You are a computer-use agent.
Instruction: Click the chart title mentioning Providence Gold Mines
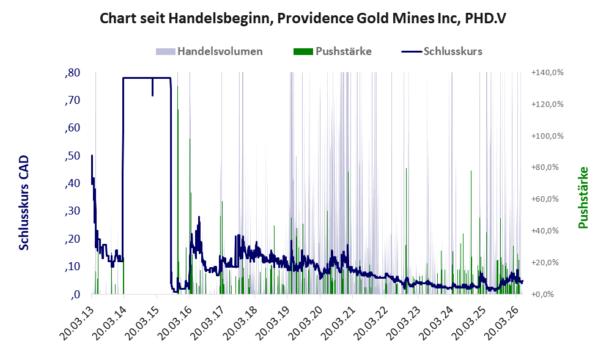click(303, 18)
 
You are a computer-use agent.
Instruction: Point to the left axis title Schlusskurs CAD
click(24, 202)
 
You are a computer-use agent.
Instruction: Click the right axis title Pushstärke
click(583, 197)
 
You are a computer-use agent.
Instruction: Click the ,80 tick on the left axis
click(73, 73)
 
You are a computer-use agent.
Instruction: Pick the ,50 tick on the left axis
click(73, 156)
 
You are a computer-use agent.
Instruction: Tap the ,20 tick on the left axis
click(73, 239)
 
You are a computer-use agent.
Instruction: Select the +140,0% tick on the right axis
click(547, 73)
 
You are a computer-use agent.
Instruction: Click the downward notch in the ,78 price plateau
click(153, 87)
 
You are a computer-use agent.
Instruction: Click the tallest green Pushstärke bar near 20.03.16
click(178, 189)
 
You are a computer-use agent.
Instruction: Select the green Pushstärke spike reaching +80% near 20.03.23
click(406, 230)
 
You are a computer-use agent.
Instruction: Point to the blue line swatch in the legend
click(411, 51)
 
